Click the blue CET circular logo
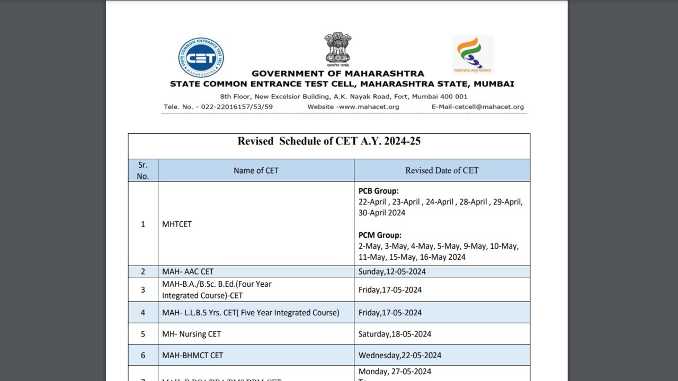201,58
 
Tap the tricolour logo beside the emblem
472,54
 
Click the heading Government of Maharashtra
338,74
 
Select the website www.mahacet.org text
353,107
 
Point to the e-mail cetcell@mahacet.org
478,107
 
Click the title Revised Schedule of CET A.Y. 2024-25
329,141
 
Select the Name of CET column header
256,170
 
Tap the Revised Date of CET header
442,170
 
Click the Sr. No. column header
143,170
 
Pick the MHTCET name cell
177,224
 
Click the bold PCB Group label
379,191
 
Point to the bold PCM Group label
380,235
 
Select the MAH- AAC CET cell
188,271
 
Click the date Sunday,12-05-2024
392,271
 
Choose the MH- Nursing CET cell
192,334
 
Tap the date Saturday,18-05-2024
395,334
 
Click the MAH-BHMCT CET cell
193,355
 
